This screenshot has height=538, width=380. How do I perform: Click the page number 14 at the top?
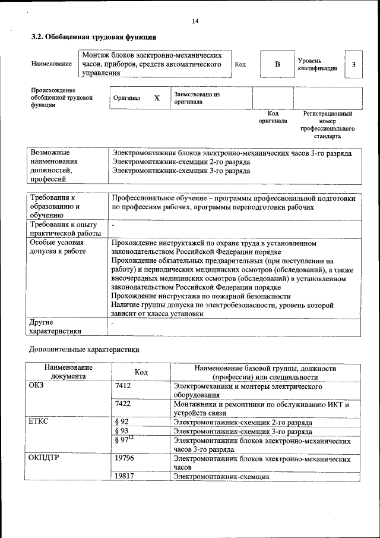coord(195,21)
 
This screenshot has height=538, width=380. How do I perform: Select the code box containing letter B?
coord(276,65)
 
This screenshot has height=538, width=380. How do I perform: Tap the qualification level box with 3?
coord(354,65)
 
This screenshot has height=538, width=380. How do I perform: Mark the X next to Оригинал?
coord(157,98)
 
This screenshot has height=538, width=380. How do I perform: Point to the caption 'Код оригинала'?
coord(273,117)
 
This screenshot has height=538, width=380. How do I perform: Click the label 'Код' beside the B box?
coord(240,65)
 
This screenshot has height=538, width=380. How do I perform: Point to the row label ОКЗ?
coord(37,386)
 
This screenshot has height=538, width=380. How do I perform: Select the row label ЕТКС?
coord(39,421)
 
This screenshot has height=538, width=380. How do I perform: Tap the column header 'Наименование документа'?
coord(67,372)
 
